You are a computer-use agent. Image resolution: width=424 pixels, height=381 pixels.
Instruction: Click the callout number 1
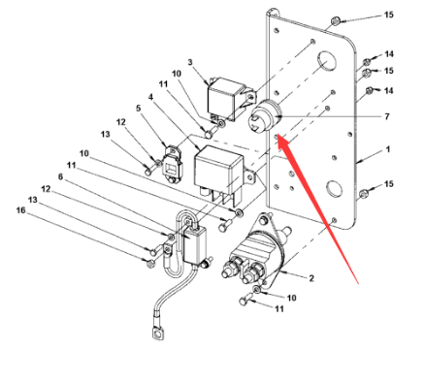pos(388,149)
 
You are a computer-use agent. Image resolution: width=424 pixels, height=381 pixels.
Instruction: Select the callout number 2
pos(311,278)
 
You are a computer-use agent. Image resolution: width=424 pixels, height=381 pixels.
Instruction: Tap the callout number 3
pos(190,62)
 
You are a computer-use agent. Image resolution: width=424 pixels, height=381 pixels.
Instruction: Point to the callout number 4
pos(150,97)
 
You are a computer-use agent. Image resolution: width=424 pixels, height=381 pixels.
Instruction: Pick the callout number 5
pos(139,108)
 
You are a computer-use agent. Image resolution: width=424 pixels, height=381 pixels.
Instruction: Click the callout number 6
pos(60,176)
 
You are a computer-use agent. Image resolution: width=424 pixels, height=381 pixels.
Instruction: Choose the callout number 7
pos(387,116)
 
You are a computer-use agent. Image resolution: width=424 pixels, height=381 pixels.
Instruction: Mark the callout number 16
pos(20,210)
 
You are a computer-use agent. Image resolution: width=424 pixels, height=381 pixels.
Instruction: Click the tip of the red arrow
pos(277,135)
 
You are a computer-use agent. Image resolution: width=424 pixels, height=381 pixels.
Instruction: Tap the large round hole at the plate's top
pos(326,61)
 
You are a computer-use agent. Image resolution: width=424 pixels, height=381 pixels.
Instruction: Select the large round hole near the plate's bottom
pos(334,187)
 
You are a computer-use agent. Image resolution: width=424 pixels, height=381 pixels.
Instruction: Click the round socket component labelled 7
pos(266,116)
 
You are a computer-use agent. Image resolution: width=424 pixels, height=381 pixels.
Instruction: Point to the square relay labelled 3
pos(230,98)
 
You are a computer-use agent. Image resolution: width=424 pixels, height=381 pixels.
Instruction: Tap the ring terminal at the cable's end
pos(157,333)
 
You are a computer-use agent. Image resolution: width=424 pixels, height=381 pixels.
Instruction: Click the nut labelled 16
pos(150,264)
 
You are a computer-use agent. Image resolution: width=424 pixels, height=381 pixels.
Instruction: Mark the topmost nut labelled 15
pos(335,21)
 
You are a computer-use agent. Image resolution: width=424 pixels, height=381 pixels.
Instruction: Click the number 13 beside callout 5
pos(105,134)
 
